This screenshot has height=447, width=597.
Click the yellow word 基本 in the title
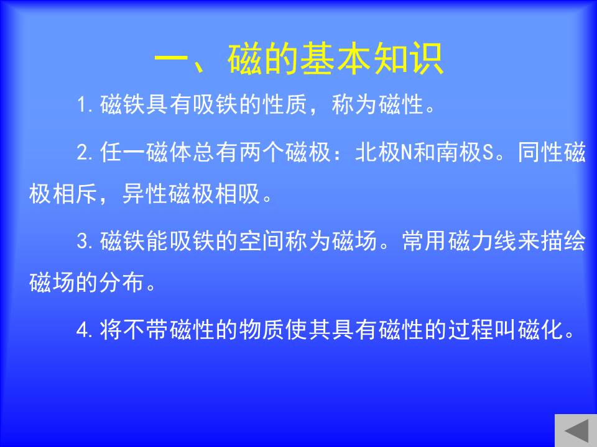(336, 58)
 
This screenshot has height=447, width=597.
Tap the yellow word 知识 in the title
(408, 58)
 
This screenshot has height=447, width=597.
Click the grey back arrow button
(576, 431)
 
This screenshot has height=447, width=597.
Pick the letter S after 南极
(488, 153)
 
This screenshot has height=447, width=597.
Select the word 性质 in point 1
(285, 104)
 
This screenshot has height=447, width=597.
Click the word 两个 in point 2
(262, 153)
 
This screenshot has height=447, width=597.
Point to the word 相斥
(75, 194)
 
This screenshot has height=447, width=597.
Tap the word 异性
(145, 194)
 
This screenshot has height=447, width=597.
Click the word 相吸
(238, 194)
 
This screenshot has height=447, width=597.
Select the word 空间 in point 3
(262, 241)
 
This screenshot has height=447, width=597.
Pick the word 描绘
(563, 241)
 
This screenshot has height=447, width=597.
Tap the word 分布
(121, 282)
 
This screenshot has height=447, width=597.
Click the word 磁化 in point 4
(540, 330)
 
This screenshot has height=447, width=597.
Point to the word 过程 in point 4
(471, 330)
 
